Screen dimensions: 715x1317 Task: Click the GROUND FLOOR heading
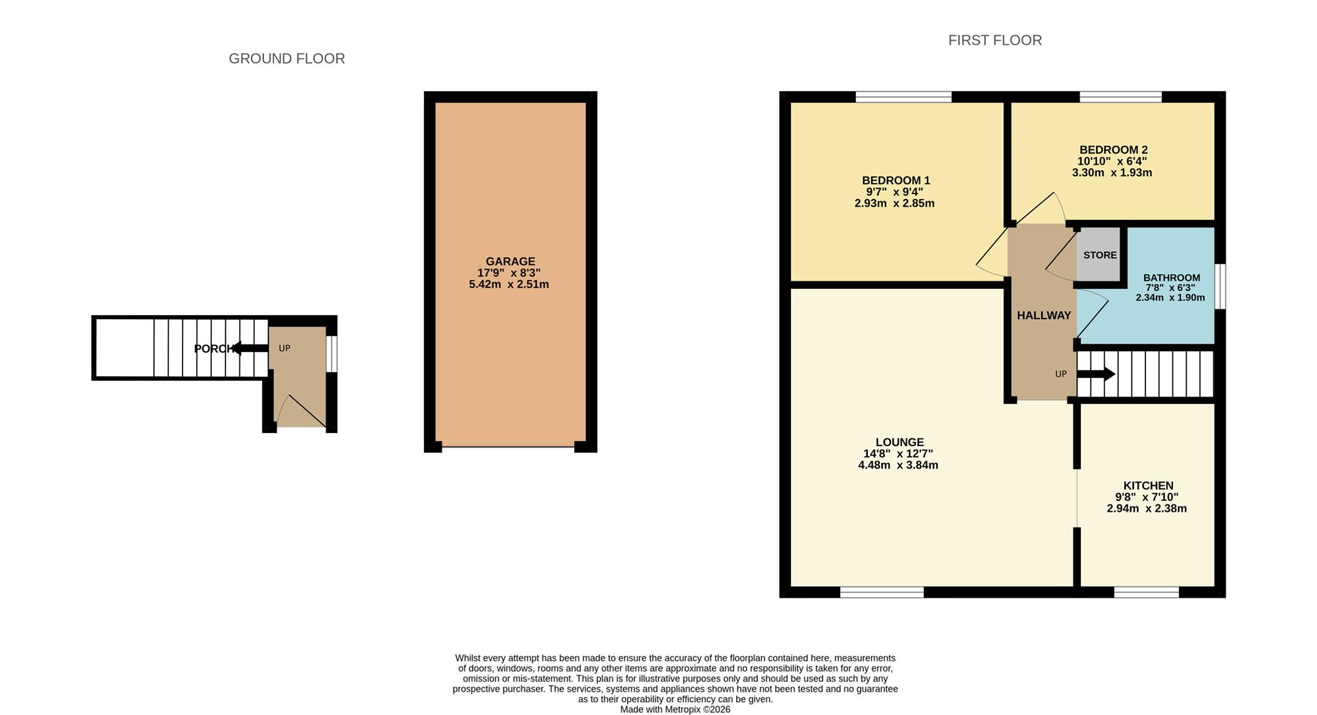click(x=287, y=59)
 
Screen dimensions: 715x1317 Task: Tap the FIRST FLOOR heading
click(x=995, y=40)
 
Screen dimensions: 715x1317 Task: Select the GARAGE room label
click(x=510, y=261)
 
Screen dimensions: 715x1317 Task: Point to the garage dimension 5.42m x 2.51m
click(x=508, y=284)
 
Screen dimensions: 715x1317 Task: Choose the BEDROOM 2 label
click(x=1113, y=150)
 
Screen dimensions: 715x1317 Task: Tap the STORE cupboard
click(x=1100, y=255)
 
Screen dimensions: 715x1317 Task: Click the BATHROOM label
click(x=1172, y=278)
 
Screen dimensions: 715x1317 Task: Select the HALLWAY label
click(x=1043, y=316)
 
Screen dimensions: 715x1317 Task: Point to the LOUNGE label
click(x=899, y=443)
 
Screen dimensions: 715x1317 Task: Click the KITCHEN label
click(x=1148, y=486)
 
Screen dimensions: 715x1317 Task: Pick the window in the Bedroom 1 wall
click(x=903, y=97)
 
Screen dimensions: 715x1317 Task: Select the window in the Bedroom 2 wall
click(x=1120, y=97)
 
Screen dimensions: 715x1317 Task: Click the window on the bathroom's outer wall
click(x=1220, y=285)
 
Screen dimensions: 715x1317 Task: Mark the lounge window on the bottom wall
click(x=881, y=591)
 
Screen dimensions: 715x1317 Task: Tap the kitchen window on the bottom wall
click(x=1146, y=591)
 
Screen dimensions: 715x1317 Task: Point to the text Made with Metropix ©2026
click(x=675, y=710)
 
